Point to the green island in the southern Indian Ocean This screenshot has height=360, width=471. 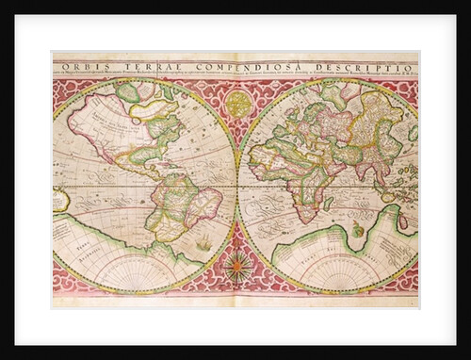(x=357, y=229)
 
